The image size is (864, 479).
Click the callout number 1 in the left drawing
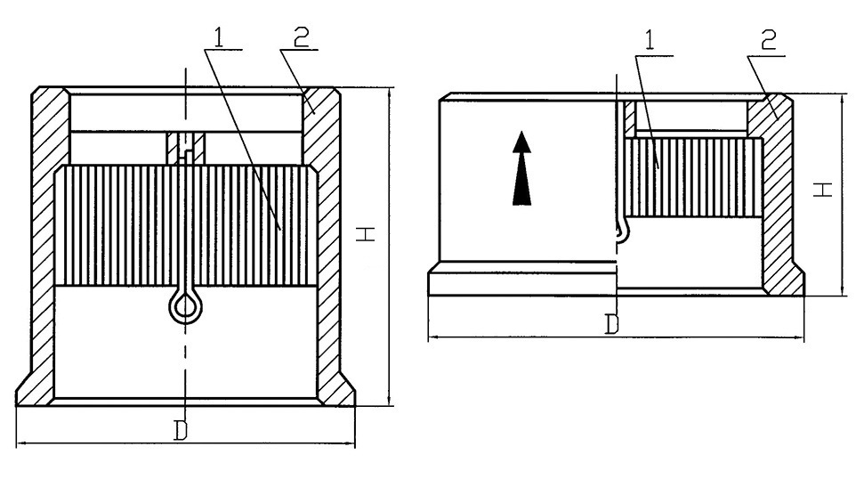pos(219,37)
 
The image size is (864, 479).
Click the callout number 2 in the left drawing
pos(301,37)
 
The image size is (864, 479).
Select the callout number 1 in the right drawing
pos(650,40)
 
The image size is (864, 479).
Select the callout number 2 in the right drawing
pos(768,40)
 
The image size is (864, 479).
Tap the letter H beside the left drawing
pos(366,233)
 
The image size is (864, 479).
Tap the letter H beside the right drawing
pos(823,190)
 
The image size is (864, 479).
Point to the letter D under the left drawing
pos(181,431)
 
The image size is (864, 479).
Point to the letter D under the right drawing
pos(611,324)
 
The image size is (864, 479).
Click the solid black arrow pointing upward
pos(521,168)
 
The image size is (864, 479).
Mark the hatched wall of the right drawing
pos(777,193)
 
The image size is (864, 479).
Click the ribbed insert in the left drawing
pos(186,225)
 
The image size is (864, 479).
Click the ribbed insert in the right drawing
pos(693,177)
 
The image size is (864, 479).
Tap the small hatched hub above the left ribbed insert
pos(186,148)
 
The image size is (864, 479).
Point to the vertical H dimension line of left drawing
pos(390,247)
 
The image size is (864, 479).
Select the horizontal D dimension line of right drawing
pos(616,337)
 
